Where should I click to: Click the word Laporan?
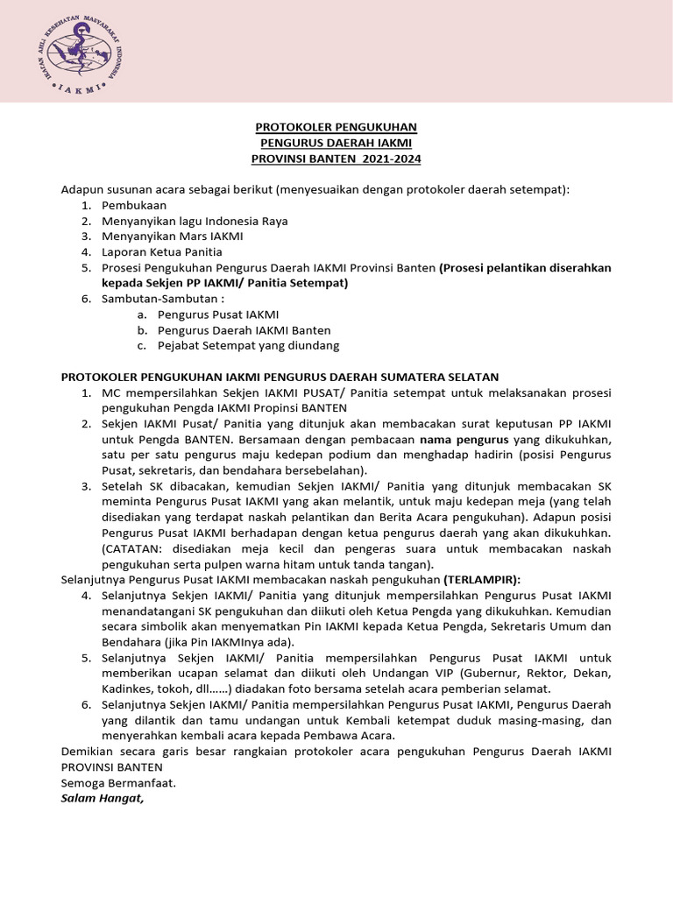124,252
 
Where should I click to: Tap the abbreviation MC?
112,392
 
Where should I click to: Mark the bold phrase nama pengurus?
463,439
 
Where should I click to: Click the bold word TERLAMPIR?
481,579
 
